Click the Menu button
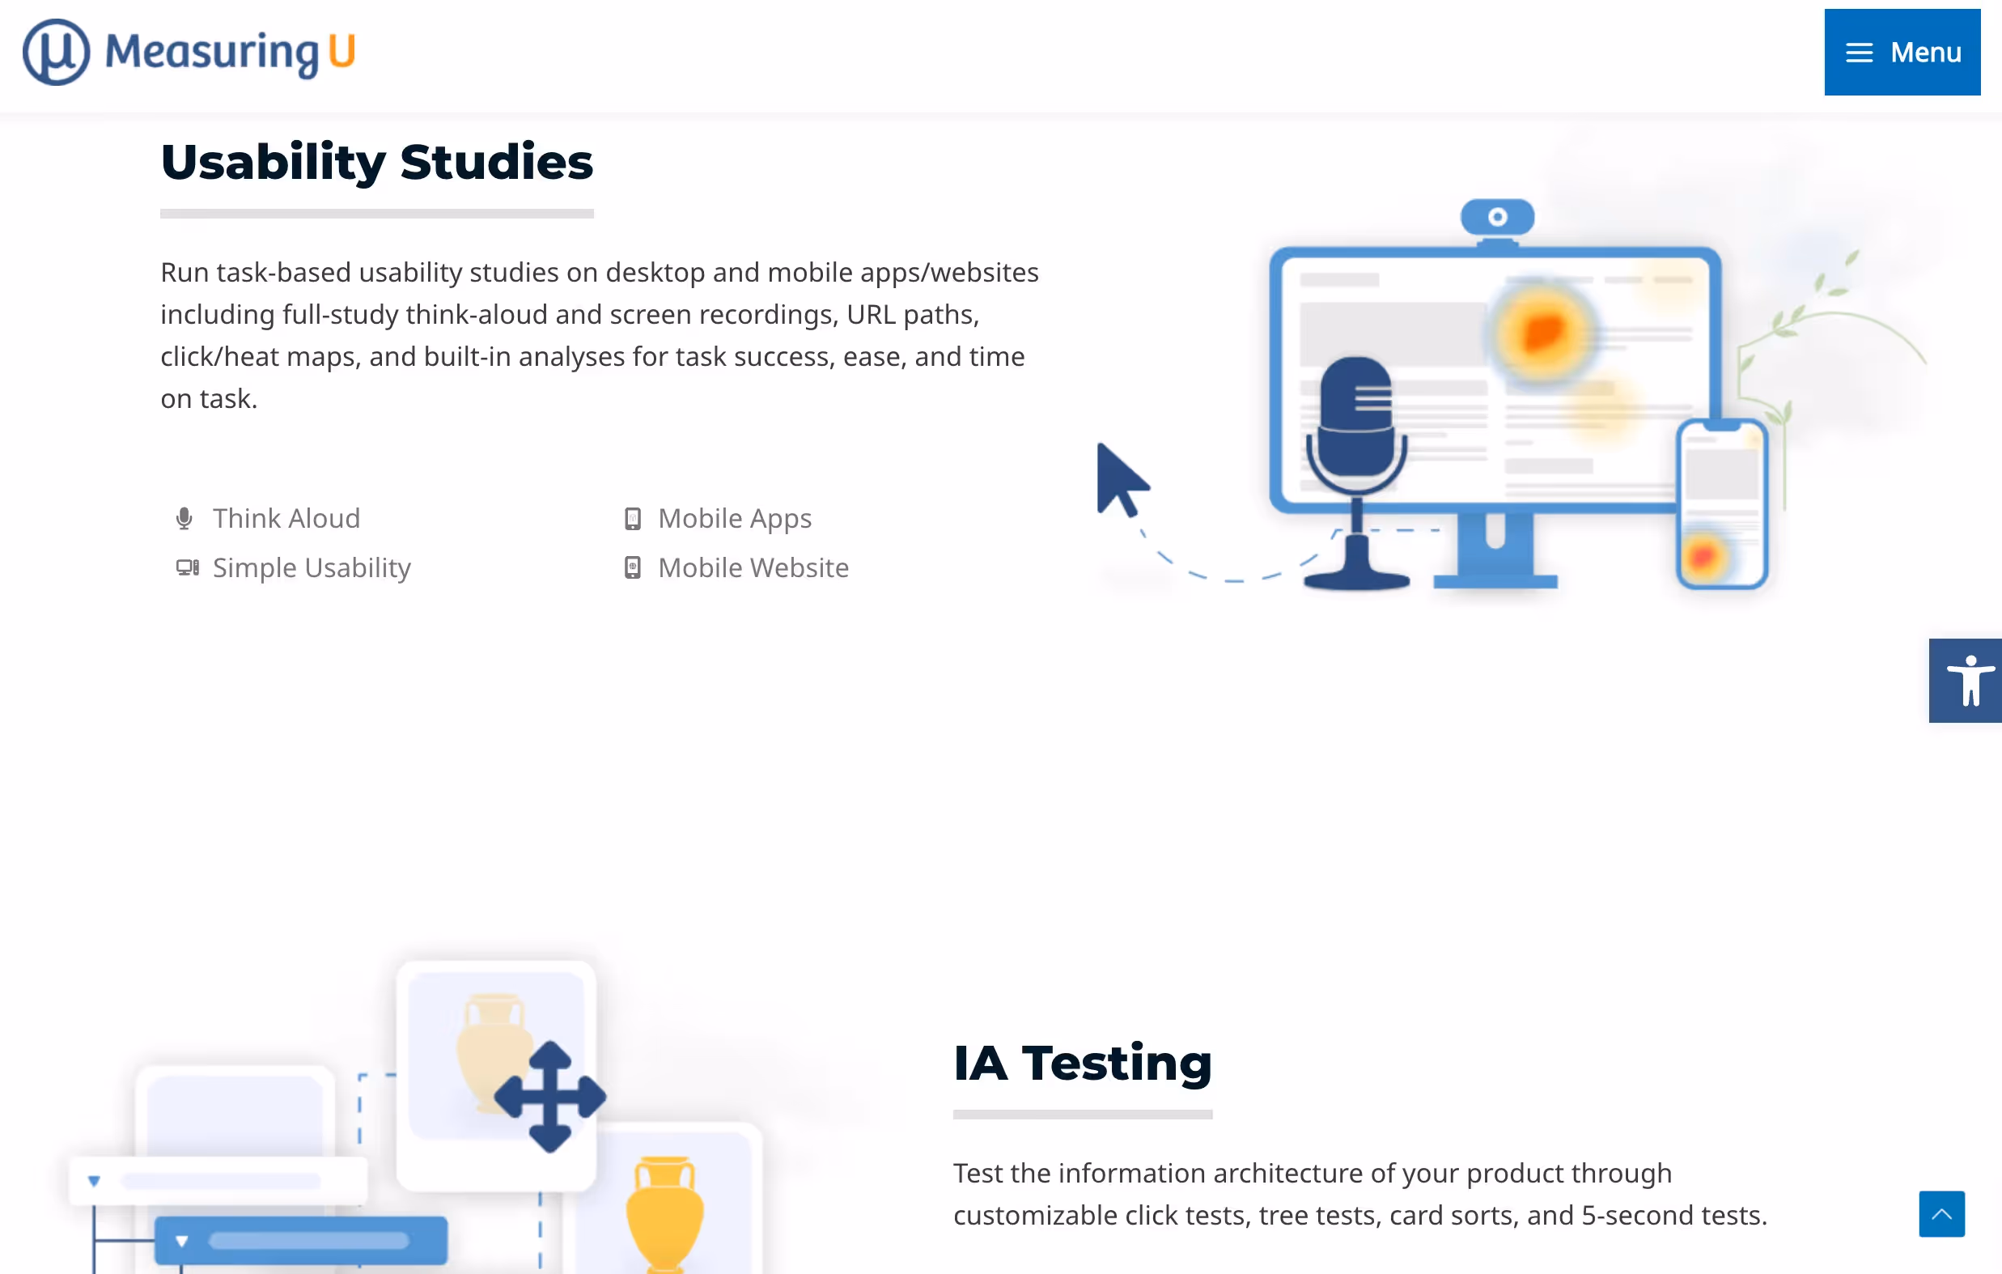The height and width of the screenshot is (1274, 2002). (1902, 53)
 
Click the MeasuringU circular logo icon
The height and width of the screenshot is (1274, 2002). (56, 53)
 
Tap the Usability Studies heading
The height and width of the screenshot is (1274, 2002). (376, 161)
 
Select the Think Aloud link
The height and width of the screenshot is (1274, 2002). (286, 518)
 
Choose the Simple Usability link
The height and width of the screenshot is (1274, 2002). (311, 568)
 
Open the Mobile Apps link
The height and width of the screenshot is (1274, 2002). (734, 518)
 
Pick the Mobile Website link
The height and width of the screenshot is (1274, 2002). (753, 568)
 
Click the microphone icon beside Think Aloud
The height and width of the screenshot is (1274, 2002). (185, 519)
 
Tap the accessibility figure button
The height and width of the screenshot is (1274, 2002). (1967, 680)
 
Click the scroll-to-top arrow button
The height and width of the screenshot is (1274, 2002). (1940, 1213)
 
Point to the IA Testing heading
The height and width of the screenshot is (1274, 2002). (1082, 1063)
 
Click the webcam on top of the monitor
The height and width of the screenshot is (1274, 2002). (1496, 218)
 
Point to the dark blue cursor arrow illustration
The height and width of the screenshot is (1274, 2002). (1119, 480)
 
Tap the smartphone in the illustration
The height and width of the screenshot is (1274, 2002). (1721, 504)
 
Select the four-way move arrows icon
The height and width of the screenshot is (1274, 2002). (549, 1097)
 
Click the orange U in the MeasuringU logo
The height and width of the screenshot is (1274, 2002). (341, 51)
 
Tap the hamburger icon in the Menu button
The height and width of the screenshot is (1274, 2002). (1859, 53)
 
